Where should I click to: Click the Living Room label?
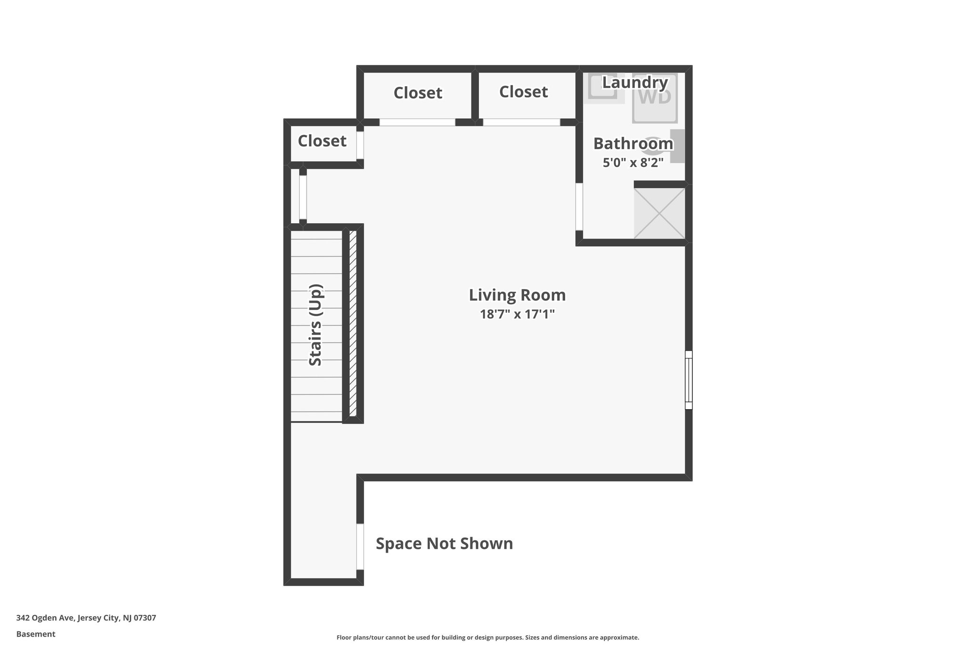point(517,295)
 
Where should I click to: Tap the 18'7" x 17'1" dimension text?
point(517,314)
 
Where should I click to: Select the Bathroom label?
point(633,143)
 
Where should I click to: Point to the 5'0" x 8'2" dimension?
point(633,163)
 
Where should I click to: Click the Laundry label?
point(635,83)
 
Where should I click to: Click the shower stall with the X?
point(660,213)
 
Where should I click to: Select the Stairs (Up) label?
point(316,325)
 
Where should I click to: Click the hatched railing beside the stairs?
point(353,323)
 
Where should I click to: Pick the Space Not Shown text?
point(444,543)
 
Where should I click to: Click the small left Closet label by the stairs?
point(322,141)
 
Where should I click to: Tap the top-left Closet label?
point(417,93)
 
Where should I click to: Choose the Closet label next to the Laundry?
point(523,92)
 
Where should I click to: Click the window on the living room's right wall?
point(688,380)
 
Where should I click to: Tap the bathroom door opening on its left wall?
point(579,207)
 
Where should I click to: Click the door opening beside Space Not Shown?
point(360,547)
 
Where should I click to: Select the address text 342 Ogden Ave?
point(86,618)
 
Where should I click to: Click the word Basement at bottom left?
point(36,634)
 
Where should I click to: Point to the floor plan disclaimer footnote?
point(488,637)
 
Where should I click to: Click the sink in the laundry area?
point(603,87)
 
